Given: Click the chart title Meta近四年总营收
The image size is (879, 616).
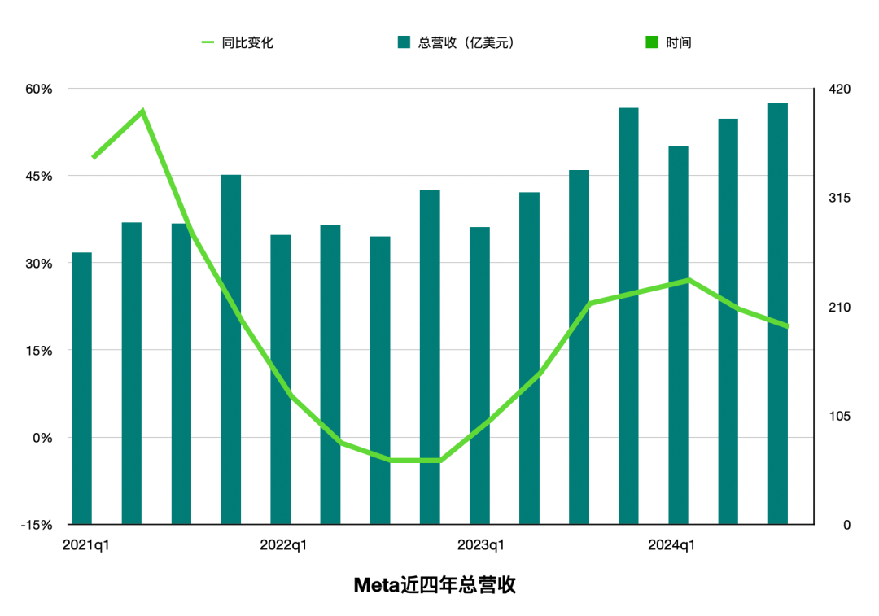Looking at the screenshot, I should tap(435, 585).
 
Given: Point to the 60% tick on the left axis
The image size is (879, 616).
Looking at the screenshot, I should tap(37, 89).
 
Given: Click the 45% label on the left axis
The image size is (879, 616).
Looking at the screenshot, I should tap(37, 176).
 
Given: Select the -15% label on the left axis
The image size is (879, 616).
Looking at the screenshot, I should tap(36, 525).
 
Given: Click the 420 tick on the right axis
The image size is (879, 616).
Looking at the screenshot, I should tap(839, 89).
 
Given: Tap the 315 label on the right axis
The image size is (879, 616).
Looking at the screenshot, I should tap(839, 198).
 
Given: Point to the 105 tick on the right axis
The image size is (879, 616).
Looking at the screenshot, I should tap(839, 416).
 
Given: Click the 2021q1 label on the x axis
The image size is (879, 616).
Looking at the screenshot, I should tap(85, 545).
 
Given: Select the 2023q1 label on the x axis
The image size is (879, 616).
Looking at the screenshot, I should tap(480, 545).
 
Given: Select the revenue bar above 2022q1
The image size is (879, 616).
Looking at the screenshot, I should tap(281, 380).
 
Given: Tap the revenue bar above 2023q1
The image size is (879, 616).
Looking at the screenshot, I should tap(480, 376).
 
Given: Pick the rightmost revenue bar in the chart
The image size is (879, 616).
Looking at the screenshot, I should tap(778, 314).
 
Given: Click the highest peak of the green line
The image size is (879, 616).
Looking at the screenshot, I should tap(142, 111).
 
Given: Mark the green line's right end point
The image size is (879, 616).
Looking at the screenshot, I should tap(787, 325).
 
